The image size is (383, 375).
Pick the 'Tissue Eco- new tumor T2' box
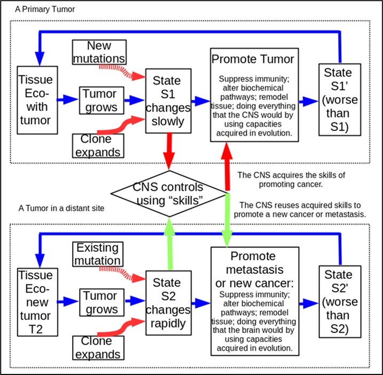[x=35, y=302]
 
